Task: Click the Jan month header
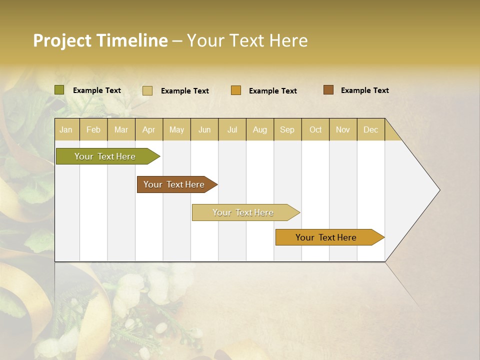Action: tap(66, 129)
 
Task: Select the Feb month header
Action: tap(93, 129)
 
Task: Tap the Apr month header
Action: tap(148, 129)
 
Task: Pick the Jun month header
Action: tap(204, 129)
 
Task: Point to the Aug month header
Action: tap(260, 129)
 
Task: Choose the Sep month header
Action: tap(287, 129)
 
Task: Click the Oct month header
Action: tap(315, 129)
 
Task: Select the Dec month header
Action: tap(371, 129)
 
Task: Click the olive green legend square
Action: tap(59, 90)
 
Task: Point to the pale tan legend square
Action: tap(147, 90)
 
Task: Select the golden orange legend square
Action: tap(236, 90)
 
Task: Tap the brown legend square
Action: tap(328, 90)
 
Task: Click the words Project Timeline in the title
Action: tap(100, 40)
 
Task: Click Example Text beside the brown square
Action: tap(365, 90)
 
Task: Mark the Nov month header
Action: tap(343, 129)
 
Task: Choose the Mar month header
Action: tap(121, 129)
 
